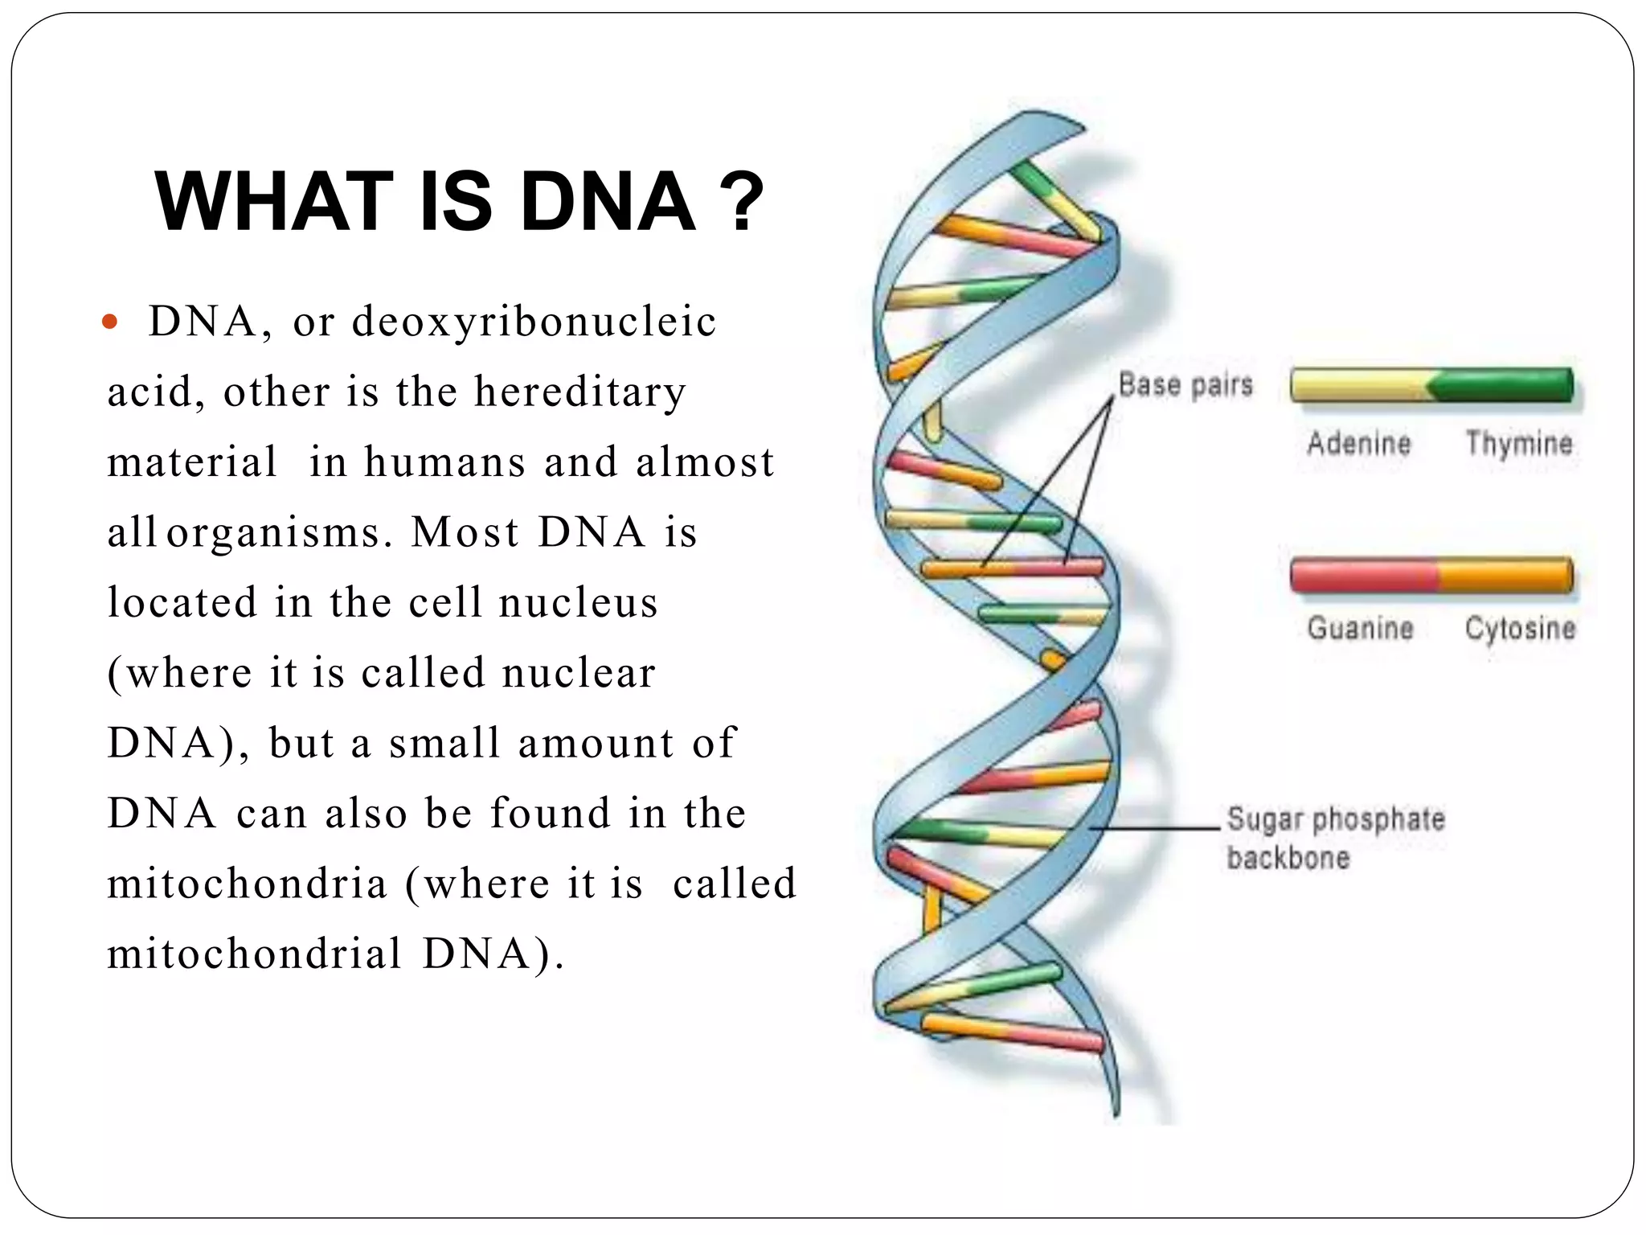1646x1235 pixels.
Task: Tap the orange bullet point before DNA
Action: click(x=111, y=323)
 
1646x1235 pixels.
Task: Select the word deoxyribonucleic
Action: click(x=534, y=322)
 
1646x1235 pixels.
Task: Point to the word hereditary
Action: click(x=579, y=392)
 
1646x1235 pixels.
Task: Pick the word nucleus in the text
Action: click(x=578, y=602)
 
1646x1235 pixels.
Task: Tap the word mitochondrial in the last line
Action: click(x=254, y=954)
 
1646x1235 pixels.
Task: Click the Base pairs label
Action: click(x=1185, y=384)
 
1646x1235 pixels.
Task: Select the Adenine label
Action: click(x=1358, y=443)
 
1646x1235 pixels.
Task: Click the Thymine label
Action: click(x=1518, y=443)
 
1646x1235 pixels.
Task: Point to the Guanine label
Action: click(x=1360, y=628)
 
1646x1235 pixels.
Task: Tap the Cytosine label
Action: click(x=1519, y=628)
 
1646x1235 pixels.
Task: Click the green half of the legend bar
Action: click(x=1503, y=385)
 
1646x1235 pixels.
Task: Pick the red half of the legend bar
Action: click(x=1363, y=576)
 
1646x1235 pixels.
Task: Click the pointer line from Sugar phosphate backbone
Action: click(x=1157, y=827)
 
